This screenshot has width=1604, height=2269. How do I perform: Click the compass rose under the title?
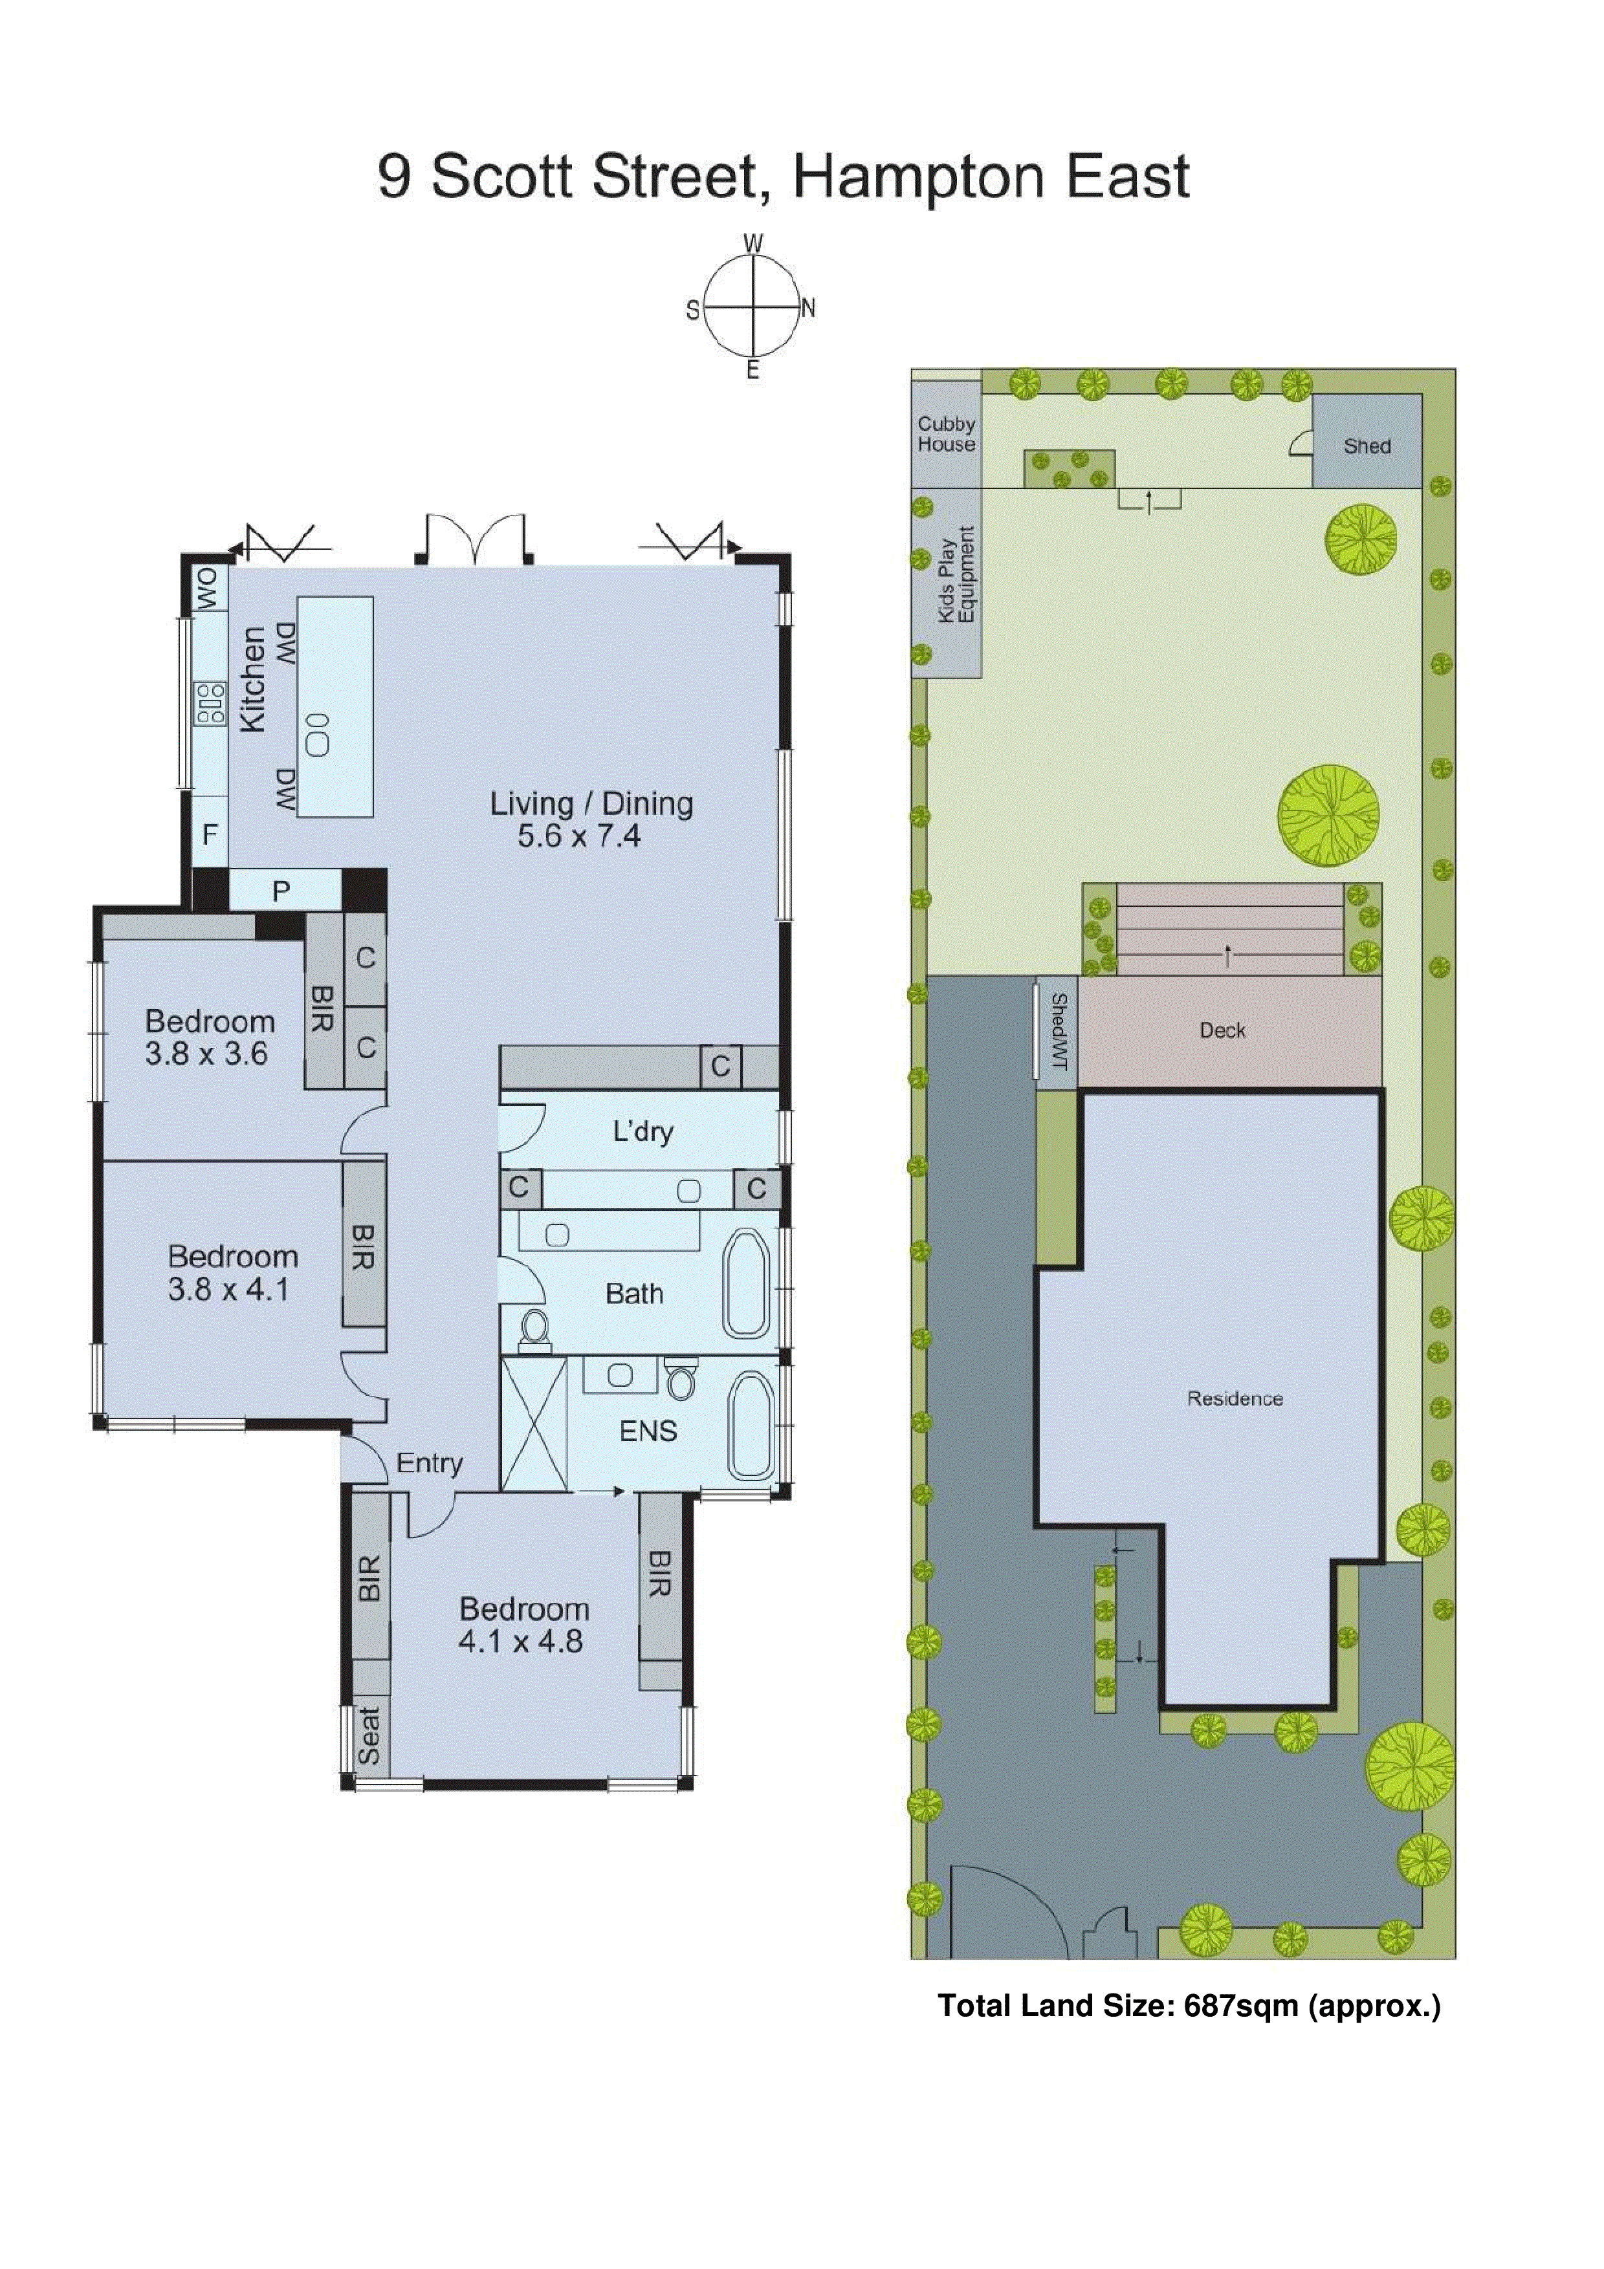coord(753,307)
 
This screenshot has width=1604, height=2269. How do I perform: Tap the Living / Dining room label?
coord(591,803)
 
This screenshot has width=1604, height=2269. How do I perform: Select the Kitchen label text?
coord(253,679)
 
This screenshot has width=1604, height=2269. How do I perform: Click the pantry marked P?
coord(281,891)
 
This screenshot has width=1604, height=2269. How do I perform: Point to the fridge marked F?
coord(210,835)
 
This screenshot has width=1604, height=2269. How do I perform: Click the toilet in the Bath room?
coord(534,1327)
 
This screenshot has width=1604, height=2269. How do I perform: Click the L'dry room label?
coord(643,1131)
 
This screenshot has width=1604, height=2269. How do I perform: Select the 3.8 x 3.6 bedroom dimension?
coord(206,1054)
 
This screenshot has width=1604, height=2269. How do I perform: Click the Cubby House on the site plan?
coord(946,434)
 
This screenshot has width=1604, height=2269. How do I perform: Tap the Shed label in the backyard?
coord(1367,447)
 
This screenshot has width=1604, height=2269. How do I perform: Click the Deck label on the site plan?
coord(1222,1031)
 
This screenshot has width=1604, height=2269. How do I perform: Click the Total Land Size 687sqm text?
coord(1188,2006)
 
